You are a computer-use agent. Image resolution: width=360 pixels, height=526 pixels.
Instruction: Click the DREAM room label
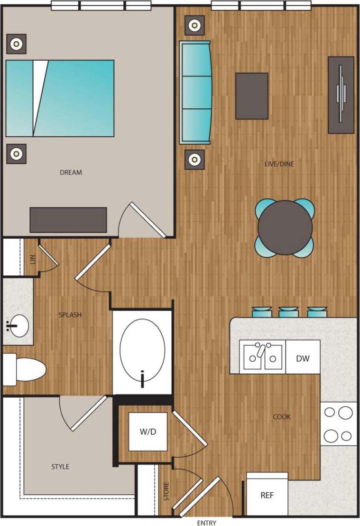[x=71, y=172]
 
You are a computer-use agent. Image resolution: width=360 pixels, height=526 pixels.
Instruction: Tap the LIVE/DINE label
[x=279, y=164]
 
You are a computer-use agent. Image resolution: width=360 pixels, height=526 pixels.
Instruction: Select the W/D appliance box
[x=148, y=432]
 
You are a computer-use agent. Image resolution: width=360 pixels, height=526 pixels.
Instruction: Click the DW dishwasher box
[x=303, y=358]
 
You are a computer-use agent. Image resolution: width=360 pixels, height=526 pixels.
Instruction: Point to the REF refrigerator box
[x=267, y=495]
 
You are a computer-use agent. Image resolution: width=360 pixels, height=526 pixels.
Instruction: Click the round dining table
[x=285, y=227]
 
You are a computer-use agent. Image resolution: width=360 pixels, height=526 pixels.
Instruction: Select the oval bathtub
[x=142, y=352]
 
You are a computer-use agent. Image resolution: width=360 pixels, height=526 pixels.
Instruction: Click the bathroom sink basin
[x=18, y=326]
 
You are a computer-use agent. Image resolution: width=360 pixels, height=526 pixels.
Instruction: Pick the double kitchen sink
[x=263, y=357]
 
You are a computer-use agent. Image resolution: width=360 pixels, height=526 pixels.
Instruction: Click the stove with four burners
[x=339, y=423]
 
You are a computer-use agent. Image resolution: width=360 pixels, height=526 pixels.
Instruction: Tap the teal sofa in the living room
[x=195, y=92]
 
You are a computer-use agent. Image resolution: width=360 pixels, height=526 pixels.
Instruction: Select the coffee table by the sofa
[x=252, y=95]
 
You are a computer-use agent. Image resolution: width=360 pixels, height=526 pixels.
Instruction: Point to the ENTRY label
[x=206, y=523]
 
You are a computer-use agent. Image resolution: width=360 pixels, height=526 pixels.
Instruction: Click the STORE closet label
[x=166, y=492]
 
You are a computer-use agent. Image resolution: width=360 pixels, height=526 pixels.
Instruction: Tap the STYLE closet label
[x=60, y=467]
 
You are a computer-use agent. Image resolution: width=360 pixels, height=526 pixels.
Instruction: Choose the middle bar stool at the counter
[x=288, y=312]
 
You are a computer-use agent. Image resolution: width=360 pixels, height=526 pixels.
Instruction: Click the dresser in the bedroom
[x=68, y=220]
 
